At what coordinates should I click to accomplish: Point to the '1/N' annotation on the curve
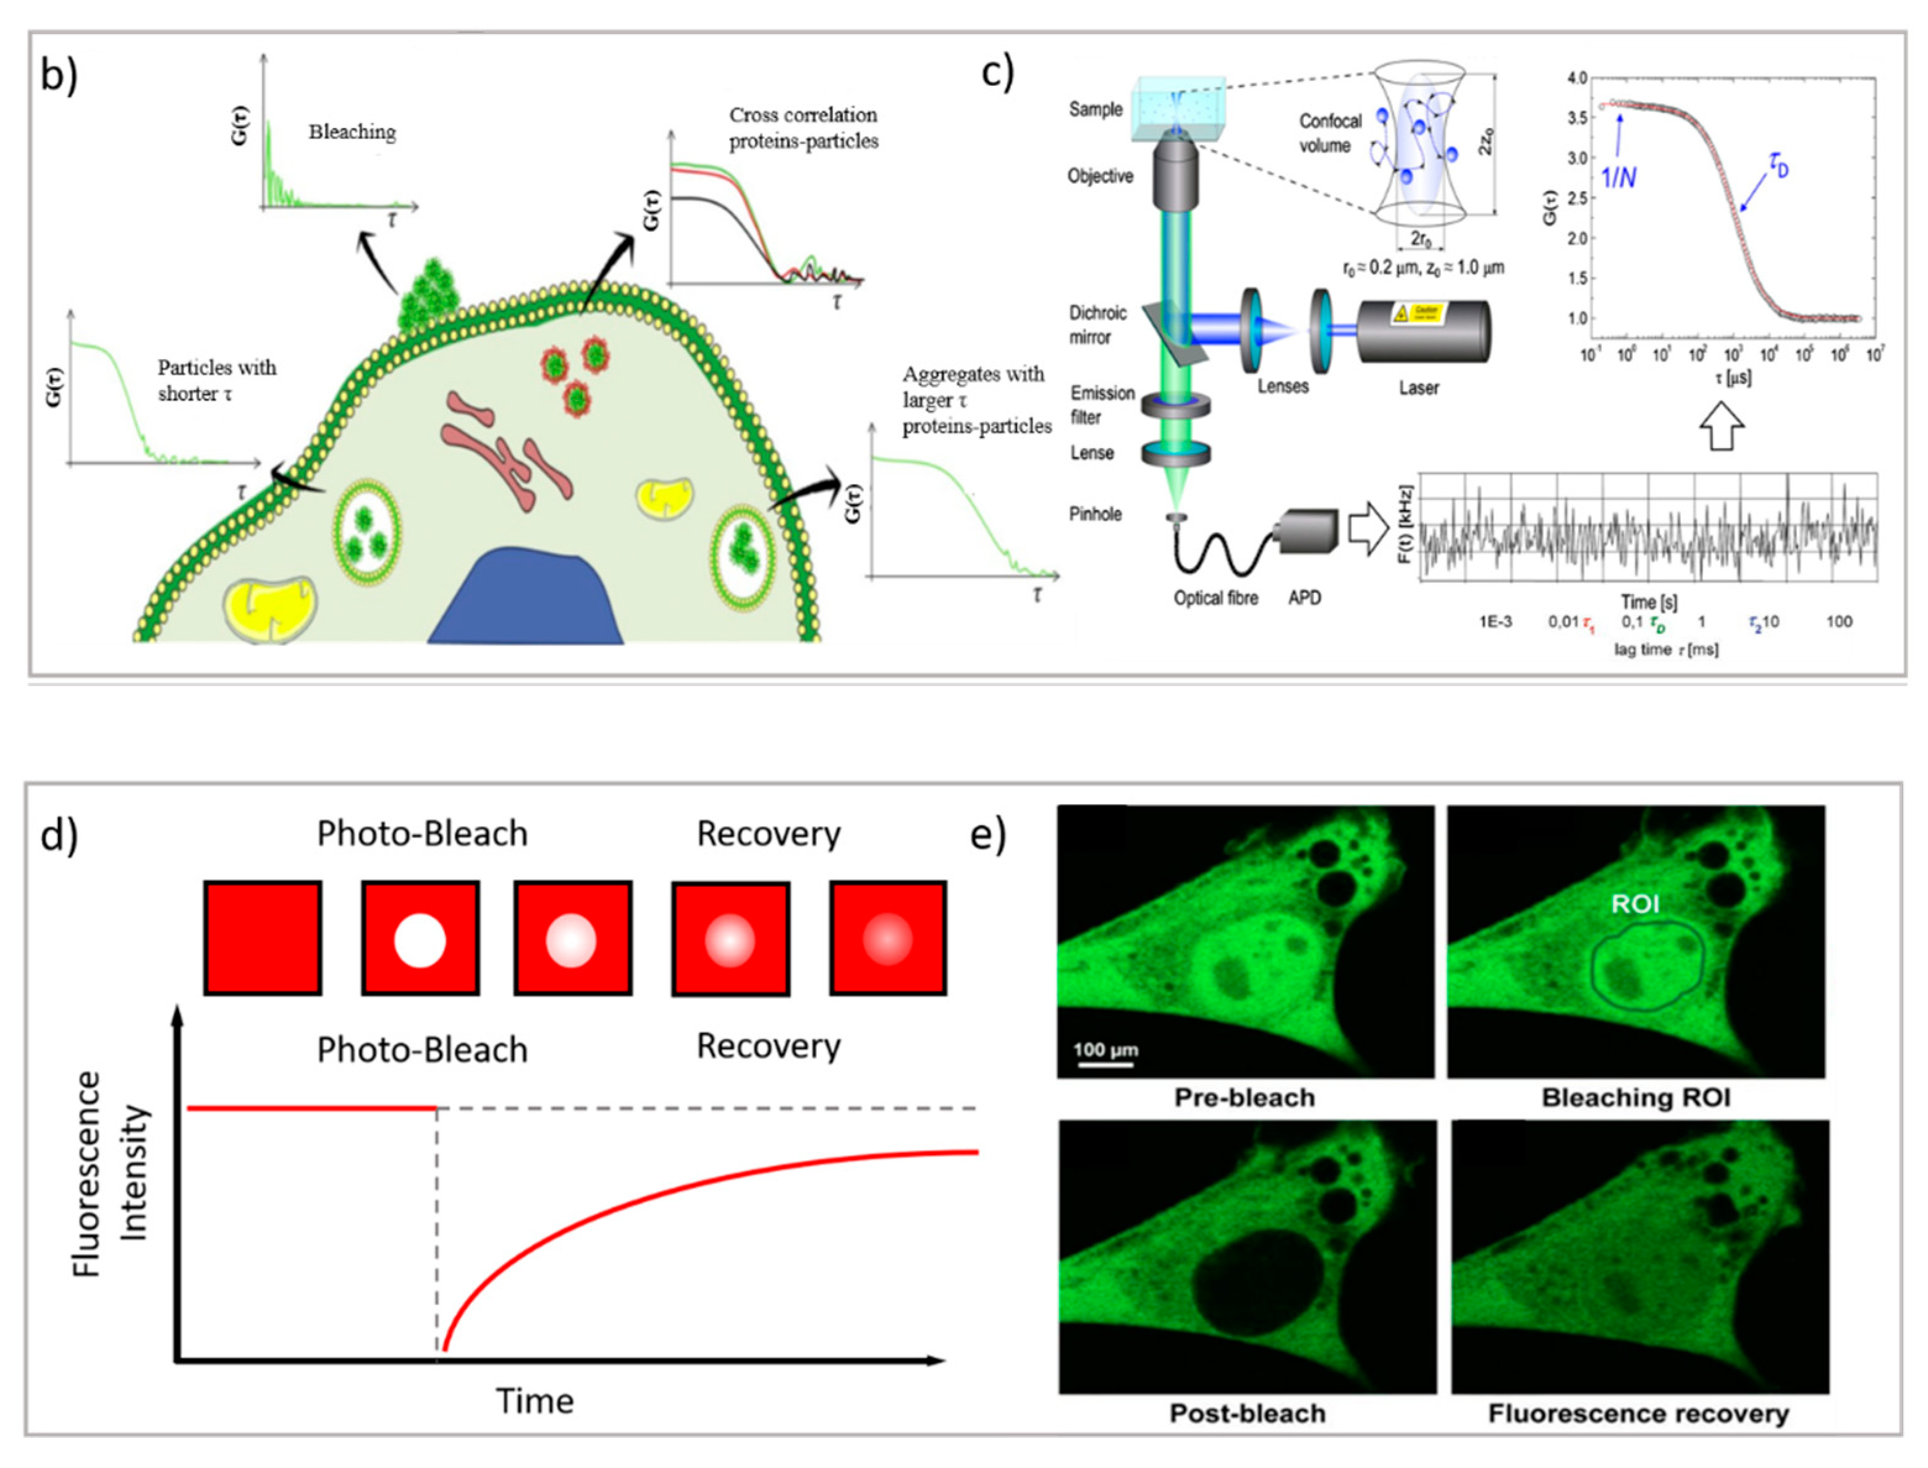pyautogui.click(x=1618, y=177)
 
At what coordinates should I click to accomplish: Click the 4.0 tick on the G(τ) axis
pyautogui.click(x=1577, y=78)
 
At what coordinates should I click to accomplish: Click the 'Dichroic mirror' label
pyautogui.click(x=1097, y=324)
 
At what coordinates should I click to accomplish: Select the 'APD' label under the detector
pyautogui.click(x=1304, y=598)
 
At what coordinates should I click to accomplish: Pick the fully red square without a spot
pyautogui.click(x=263, y=938)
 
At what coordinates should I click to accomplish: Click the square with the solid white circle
pyautogui.click(x=420, y=938)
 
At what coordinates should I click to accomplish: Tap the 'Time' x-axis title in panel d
pyautogui.click(x=535, y=1401)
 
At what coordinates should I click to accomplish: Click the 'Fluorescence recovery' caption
pyautogui.click(x=1638, y=1413)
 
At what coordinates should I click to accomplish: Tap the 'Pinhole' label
pyautogui.click(x=1096, y=514)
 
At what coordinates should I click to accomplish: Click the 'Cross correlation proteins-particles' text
pyautogui.click(x=803, y=127)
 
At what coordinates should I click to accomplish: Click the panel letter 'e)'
pyautogui.click(x=988, y=834)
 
